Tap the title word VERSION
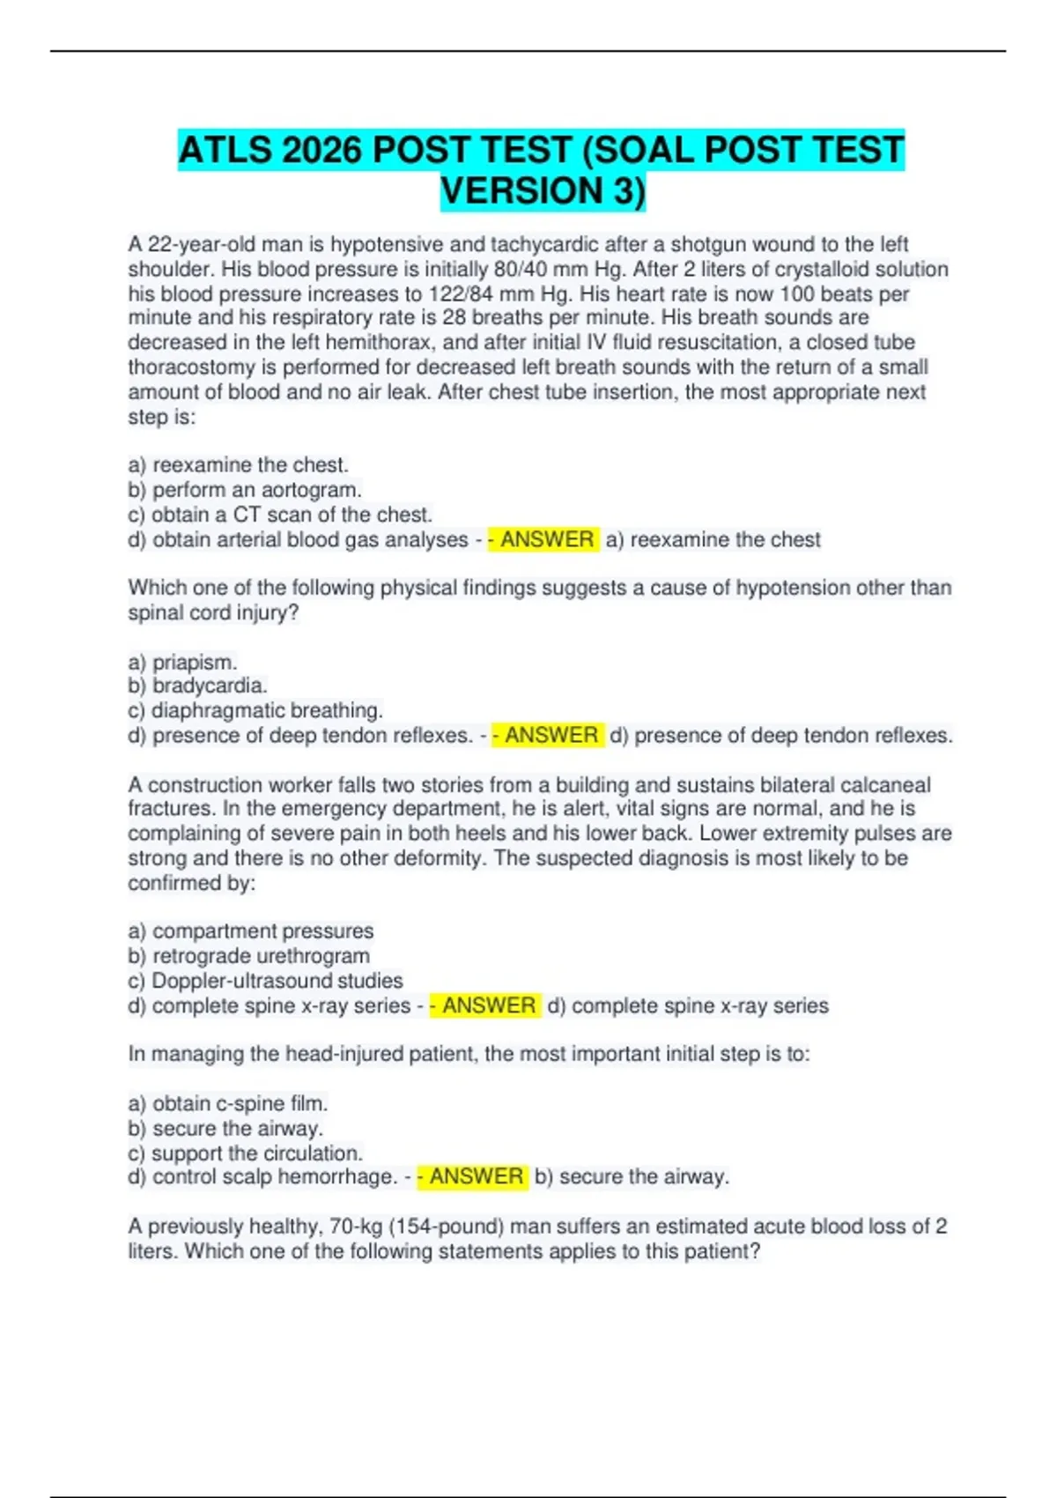tap(521, 191)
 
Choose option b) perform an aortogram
tap(245, 490)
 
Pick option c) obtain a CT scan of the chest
tap(280, 515)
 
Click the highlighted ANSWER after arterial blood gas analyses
tap(546, 539)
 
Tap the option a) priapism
tap(182, 662)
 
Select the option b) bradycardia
tap(197, 686)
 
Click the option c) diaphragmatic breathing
tap(255, 710)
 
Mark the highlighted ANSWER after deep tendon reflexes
tap(551, 735)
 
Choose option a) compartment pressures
tap(251, 931)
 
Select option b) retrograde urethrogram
tap(249, 956)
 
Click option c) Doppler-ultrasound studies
tap(265, 981)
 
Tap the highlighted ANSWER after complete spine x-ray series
tap(488, 1005)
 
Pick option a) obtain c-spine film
tap(228, 1103)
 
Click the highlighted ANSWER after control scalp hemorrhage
tap(476, 1177)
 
